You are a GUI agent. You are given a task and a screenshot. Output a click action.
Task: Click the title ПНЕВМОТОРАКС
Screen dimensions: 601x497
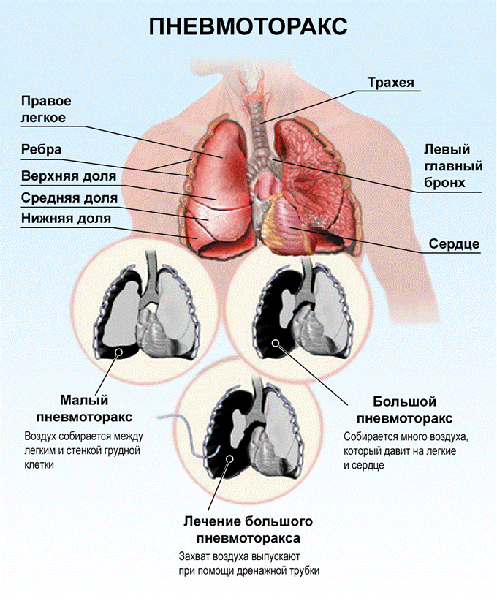pos(248,26)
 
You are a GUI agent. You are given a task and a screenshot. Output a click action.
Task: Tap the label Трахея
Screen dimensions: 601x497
pos(391,83)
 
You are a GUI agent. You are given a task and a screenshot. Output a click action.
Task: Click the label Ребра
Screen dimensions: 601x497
pos(42,149)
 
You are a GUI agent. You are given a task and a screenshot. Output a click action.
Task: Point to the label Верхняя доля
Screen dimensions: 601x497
pos(68,176)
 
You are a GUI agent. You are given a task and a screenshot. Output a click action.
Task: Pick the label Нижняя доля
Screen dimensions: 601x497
pos(66,219)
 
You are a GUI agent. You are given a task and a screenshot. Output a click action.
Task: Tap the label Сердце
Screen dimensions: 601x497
pos(454,243)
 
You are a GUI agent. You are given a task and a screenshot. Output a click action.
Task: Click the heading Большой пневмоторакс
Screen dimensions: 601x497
pos(404,410)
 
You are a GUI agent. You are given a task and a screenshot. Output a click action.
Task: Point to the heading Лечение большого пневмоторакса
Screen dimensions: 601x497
pos(248,529)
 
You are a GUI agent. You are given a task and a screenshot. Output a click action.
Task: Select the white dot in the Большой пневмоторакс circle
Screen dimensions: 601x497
pos(276,342)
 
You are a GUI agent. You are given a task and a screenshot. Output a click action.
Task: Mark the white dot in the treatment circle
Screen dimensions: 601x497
pos(230,458)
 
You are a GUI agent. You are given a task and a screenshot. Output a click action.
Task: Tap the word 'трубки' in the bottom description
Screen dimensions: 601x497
pos(304,570)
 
